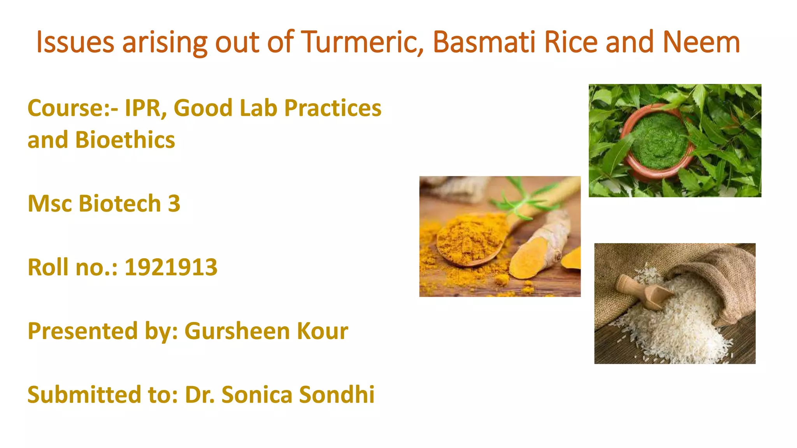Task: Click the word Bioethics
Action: click(125, 140)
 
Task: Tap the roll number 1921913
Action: click(171, 267)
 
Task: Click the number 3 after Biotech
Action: click(174, 203)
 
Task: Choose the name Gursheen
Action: click(237, 331)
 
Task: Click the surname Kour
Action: click(322, 331)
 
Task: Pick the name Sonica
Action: click(257, 395)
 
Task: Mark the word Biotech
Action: click(119, 203)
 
